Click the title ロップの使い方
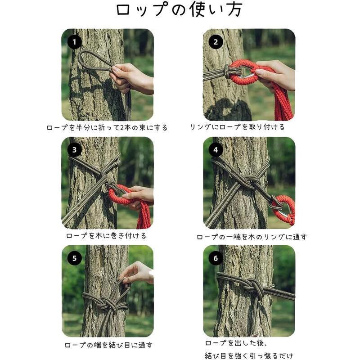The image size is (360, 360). coord(179,10)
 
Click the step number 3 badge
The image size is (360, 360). coord(75,149)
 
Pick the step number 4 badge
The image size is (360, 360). coord(216,149)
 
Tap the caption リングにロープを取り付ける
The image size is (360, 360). coord(237,127)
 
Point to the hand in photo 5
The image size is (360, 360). coord(137,272)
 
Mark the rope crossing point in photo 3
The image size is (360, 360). coord(103,171)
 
